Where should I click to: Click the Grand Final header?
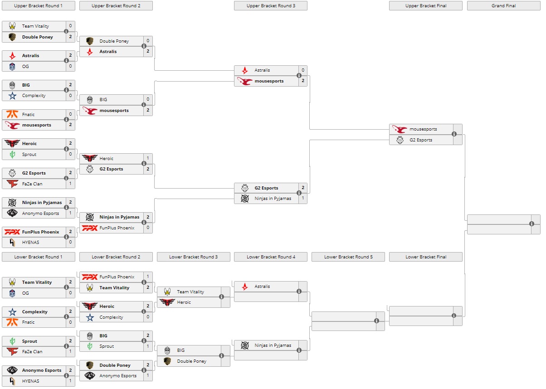[503, 6]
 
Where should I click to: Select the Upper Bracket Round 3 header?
[270, 6]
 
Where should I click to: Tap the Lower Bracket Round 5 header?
[348, 257]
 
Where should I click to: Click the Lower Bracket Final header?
[425, 257]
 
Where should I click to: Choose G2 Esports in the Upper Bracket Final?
[421, 140]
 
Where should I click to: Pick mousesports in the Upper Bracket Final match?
[423, 129]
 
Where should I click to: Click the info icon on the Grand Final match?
[531, 224]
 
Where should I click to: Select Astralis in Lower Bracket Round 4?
[262, 287]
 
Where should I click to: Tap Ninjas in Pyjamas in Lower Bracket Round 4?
[273, 345]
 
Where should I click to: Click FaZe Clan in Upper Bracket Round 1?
[32, 184]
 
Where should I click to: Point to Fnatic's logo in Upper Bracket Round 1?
[12, 115]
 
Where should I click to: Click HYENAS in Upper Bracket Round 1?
[31, 243]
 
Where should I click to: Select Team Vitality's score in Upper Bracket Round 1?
[70, 26]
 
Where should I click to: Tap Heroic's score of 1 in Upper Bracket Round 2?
[148, 159]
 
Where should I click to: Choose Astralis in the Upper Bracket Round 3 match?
[262, 70]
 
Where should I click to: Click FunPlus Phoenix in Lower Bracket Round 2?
[117, 277]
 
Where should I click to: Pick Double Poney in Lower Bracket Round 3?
[191, 361]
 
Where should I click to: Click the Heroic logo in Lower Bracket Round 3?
[167, 302]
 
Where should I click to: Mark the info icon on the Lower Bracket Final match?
[454, 316]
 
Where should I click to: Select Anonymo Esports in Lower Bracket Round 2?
[118, 376]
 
